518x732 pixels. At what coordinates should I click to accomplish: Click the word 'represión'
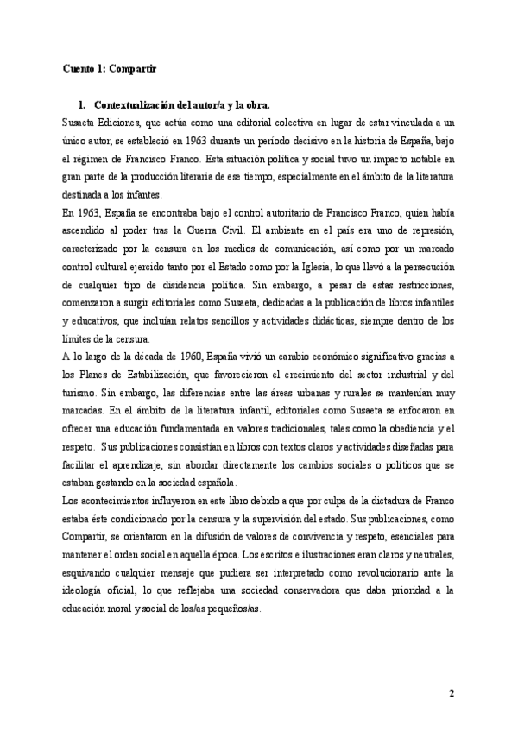pos(428,233)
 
